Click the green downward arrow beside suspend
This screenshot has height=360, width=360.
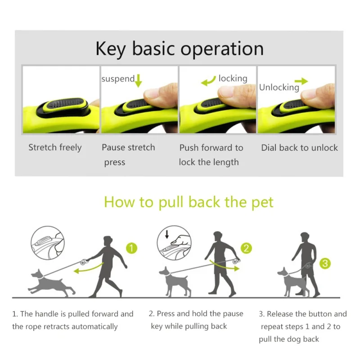[x=138, y=81]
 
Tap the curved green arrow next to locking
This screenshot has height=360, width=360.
[x=208, y=81]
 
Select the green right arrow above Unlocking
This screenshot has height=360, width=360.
[x=301, y=81]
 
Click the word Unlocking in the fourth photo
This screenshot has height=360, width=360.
[x=279, y=87]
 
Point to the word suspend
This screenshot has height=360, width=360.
[x=118, y=79]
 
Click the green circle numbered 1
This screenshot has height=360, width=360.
[x=131, y=248]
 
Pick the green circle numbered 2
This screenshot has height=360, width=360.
[x=246, y=248]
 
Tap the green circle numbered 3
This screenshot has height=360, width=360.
[x=325, y=263]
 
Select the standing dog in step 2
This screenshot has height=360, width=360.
[x=175, y=281]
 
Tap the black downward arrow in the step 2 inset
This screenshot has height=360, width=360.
[x=167, y=234]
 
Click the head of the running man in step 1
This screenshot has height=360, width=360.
[x=108, y=241]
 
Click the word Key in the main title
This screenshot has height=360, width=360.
[x=110, y=49]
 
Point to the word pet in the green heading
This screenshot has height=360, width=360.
[x=262, y=203]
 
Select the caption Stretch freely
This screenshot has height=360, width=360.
[x=55, y=148]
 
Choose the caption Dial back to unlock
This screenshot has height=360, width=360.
[x=299, y=148]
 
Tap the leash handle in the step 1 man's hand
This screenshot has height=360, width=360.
[x=84, y=262]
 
